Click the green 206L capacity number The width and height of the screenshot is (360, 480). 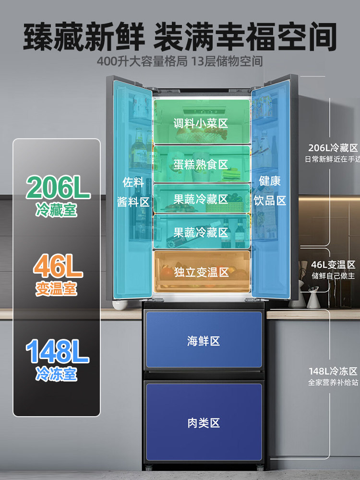[x=58, y=188]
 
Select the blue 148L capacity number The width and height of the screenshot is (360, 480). [x=57, y=352]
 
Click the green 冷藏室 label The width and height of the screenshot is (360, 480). [x=56, y=210]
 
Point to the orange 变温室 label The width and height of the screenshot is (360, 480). [x=56, y=288]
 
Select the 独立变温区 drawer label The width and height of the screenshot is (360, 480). [x=202, y=273]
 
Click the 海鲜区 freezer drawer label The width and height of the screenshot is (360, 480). [x=203, y=341]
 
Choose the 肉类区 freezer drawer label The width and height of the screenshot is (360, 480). [x=203, y=423]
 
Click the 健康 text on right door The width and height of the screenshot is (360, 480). [x=270, y=181]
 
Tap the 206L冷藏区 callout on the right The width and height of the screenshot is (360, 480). [x=333, y=148]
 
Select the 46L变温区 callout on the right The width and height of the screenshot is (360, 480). [x=333, y=265]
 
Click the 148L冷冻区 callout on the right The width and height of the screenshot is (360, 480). [x=333, y=371]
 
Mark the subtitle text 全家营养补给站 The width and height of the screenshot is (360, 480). [x=333, y=383]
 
